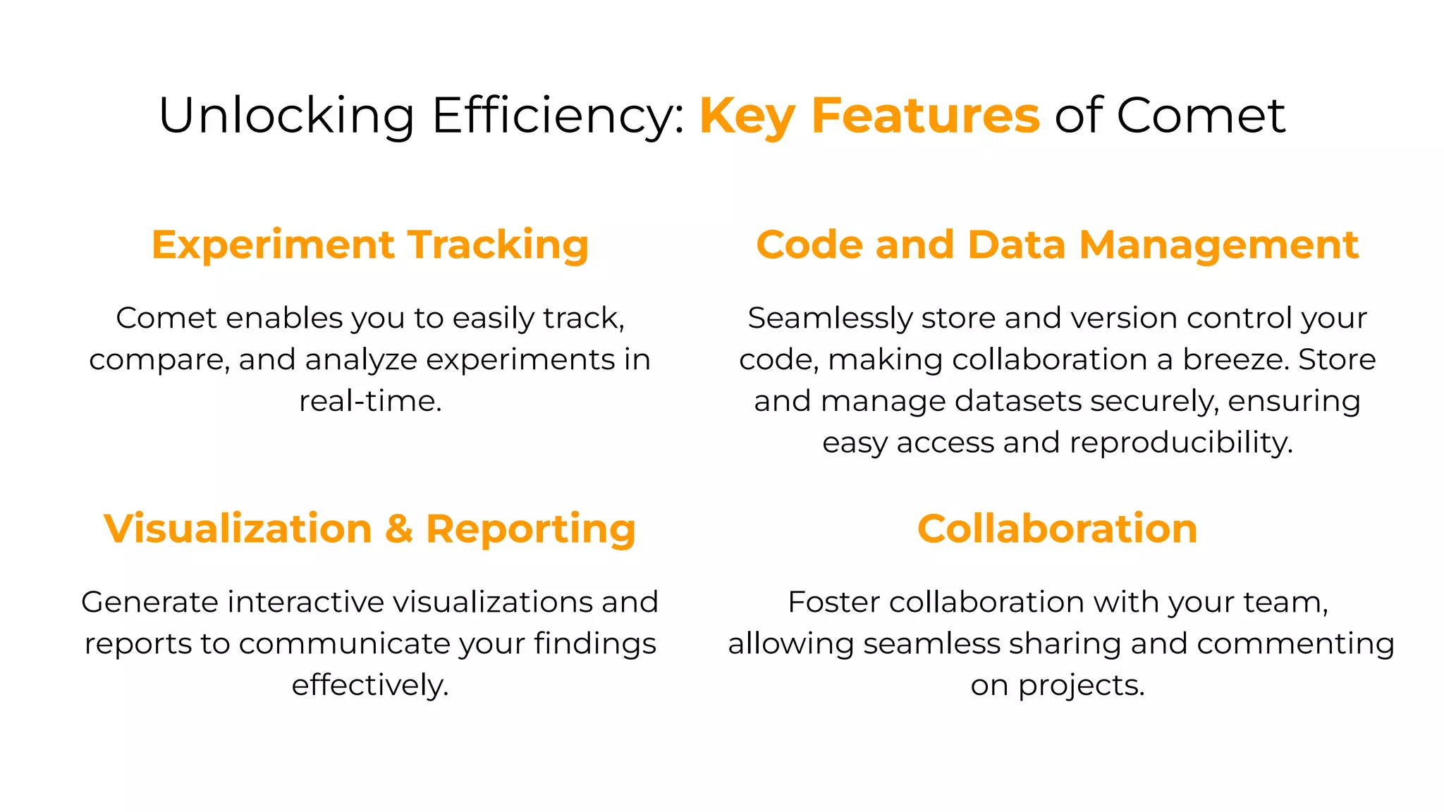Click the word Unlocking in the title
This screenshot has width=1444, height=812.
[x=286, y=116]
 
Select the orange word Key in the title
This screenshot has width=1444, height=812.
[x=747, y=116]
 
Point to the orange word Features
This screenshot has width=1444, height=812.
[x=925, y=116]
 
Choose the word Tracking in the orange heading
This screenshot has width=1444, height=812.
[x=498, y=245]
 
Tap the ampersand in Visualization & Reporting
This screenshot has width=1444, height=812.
[x=399, y=529]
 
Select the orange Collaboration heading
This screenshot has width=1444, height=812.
[x=1057, y=529]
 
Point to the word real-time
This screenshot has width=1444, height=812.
[x=370, y=401]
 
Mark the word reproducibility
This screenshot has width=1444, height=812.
[x=1181, y=443]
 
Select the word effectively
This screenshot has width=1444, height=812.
[x=370, y=685]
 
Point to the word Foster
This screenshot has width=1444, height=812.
[x=834, y=603]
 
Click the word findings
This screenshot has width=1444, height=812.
[x=594, y=644]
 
